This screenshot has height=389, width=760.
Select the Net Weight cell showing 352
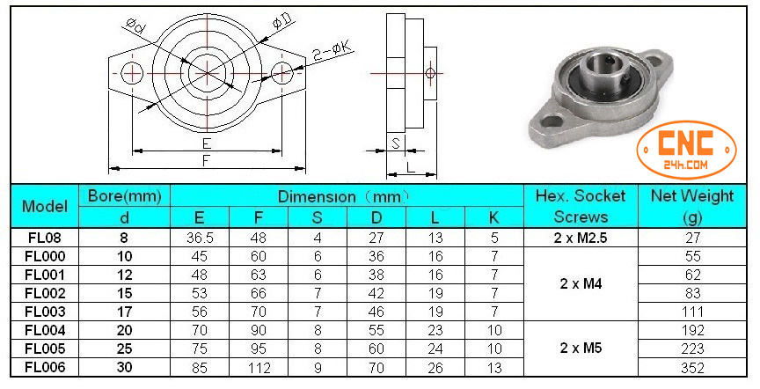coord(692,367)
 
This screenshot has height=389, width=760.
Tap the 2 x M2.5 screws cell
coord(581,237)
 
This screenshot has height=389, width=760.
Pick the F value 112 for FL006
coord(259,367)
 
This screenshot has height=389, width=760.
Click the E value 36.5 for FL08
coord(200,237)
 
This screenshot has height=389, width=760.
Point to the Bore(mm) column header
coord(125,196)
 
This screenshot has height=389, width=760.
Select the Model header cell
coord(45,206)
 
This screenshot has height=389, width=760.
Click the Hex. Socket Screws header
coord(581,206)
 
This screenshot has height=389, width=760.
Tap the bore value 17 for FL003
coord(125,311)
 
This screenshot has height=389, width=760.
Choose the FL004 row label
coord(45,330)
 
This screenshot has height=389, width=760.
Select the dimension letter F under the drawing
coord(205,161)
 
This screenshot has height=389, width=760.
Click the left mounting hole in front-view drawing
coord(132,71)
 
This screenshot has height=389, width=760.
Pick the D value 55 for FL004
coord(376,330)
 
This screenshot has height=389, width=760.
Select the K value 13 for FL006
coord(494,367)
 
